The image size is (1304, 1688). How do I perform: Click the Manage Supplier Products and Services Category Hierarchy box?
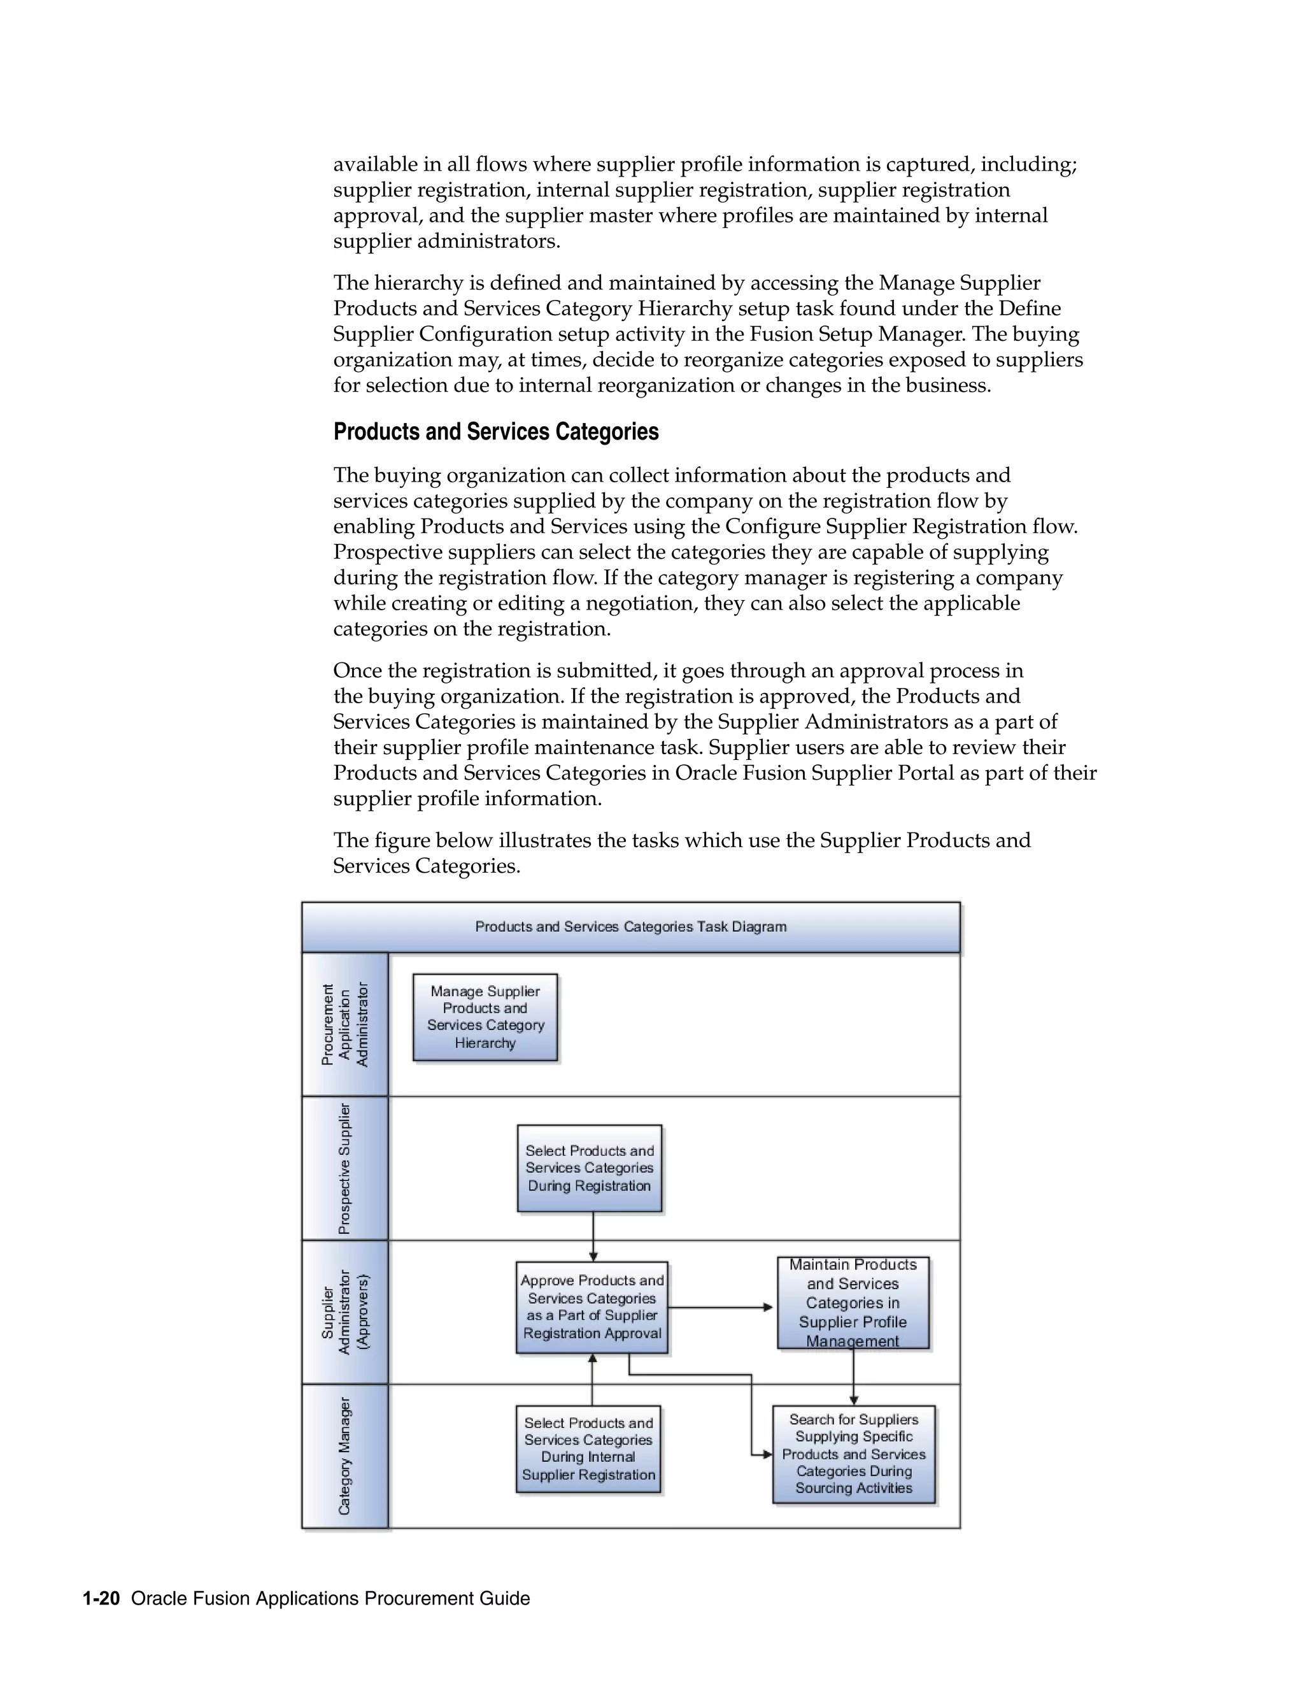485,1017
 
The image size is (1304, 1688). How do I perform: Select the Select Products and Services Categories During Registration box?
590,1168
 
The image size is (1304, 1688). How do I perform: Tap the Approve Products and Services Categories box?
592,1307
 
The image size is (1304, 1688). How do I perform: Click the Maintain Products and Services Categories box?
853,1303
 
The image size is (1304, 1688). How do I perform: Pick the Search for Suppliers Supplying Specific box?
854,1454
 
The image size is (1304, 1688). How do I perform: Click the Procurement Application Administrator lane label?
344,1024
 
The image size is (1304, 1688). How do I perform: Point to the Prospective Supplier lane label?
344,1168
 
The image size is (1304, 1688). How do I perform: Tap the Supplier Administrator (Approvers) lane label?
344,1312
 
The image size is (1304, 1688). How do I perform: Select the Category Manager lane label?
344,1456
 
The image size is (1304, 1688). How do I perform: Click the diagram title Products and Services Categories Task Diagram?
630,927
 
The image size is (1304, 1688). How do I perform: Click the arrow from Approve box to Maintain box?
720,1307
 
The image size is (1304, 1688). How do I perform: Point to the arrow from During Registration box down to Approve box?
593,1236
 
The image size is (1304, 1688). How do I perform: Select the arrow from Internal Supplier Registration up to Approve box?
593,1380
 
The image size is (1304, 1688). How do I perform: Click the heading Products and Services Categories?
496,431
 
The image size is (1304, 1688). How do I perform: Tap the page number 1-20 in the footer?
101,1598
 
